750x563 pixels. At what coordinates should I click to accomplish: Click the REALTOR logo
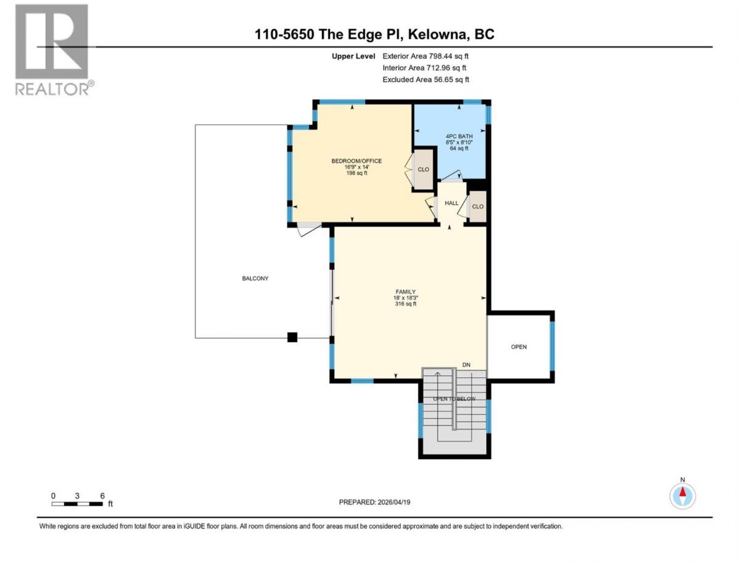(54, 50)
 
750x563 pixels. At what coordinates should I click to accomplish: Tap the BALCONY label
(255, 278)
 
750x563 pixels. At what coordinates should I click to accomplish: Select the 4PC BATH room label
(459, 136)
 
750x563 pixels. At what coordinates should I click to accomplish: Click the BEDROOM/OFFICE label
(356, 161)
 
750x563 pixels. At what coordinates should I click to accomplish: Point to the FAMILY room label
(405, 292)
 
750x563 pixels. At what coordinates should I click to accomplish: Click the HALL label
(451, 203)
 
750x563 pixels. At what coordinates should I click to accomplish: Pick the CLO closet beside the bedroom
(423, 170)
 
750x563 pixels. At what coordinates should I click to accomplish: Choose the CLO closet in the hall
(477, 206)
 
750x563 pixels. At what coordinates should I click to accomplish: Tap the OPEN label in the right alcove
(519, 347)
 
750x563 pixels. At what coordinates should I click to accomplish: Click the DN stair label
(466, 365)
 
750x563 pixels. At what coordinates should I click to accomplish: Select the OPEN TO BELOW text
(454, 399)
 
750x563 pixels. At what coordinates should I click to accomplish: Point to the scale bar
(77, 504)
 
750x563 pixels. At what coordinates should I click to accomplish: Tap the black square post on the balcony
(292, 337)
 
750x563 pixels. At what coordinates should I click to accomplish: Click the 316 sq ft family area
(406, 304)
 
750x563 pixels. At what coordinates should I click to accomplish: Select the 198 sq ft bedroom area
(356, 173)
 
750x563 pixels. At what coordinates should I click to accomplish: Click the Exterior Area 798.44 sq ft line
(426, 56)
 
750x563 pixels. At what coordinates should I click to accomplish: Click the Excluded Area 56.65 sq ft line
(426, 80)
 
